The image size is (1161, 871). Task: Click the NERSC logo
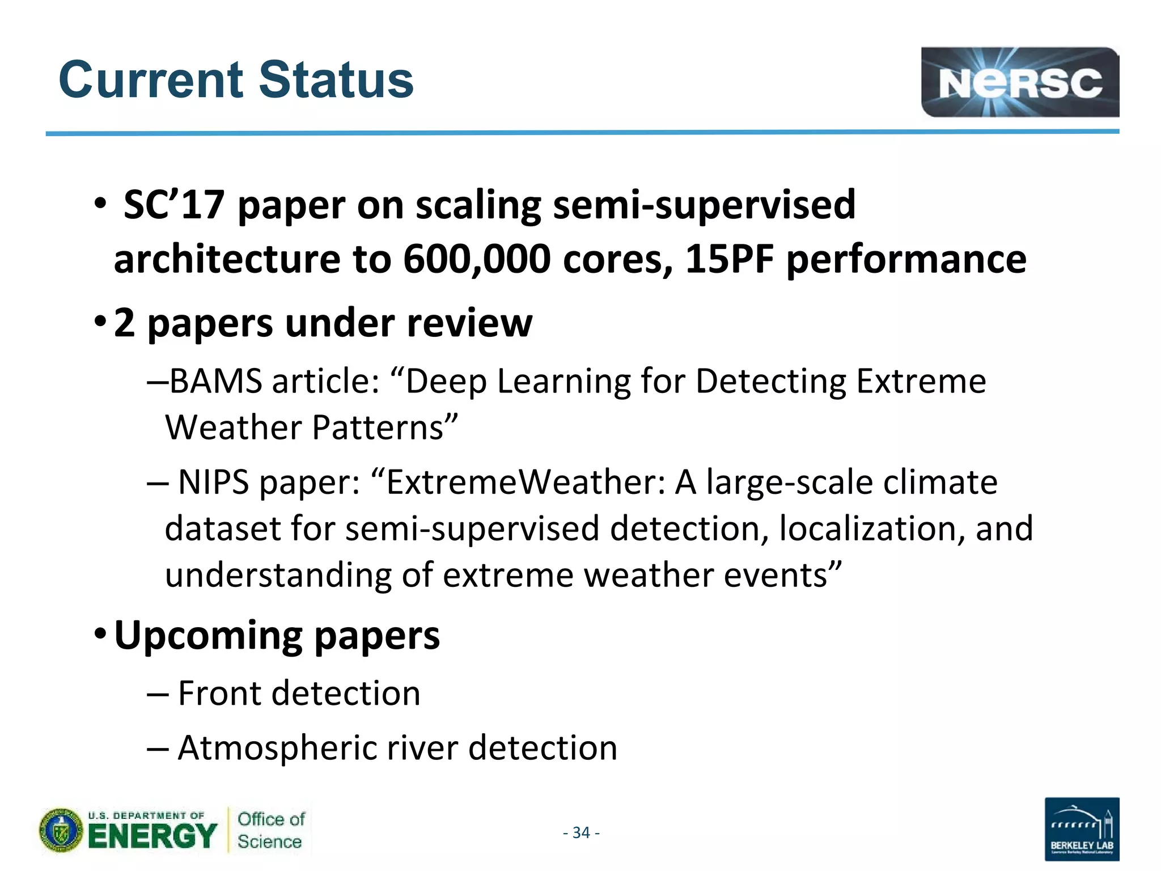[x=1019, y=82]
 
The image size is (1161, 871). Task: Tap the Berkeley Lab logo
[x=1081, y=828]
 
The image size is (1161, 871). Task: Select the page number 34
[x=581, y=832]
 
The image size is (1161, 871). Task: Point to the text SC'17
[x=173, y=205]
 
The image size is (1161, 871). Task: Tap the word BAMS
[x=215, y=381]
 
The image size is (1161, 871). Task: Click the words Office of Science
[x=270, y=830]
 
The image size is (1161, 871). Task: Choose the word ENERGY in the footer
[x=152, y=836]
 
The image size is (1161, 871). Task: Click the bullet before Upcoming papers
[x=100, y=632]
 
